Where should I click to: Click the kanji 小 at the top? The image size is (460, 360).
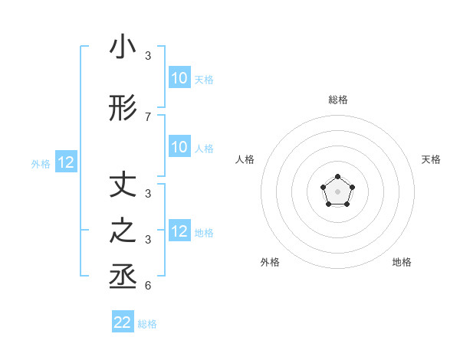(x=123, y=47)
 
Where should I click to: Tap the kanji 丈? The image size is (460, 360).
(x=123, y=186)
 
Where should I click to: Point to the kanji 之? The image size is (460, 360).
(x=123, y=232)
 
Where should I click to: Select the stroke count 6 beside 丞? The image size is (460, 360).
(x=147, y=286)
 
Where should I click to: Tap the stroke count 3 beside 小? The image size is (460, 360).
(x=147, y=56)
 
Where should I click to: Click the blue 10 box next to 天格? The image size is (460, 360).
(x=179, y=78)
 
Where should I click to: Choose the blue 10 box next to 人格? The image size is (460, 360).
(x=179, y=148)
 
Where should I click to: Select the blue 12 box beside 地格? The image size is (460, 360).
(x=179, y=231)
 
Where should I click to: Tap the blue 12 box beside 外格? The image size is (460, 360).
(x=66, y=162)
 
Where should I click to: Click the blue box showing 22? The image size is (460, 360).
(x=123, y=322)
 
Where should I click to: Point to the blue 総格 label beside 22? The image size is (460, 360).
(x=147, y=324)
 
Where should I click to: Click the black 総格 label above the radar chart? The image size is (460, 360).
(x=337, y=100)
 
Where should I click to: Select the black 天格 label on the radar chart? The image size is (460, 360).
(x=432, y=159)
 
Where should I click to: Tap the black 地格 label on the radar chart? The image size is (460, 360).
(x=402, y=262)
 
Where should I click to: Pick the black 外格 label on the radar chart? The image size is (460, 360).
(x=270, y=262)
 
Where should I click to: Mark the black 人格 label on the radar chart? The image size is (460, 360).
(x=245, y=159)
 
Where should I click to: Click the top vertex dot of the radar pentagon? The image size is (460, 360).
(x=337, y=178)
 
